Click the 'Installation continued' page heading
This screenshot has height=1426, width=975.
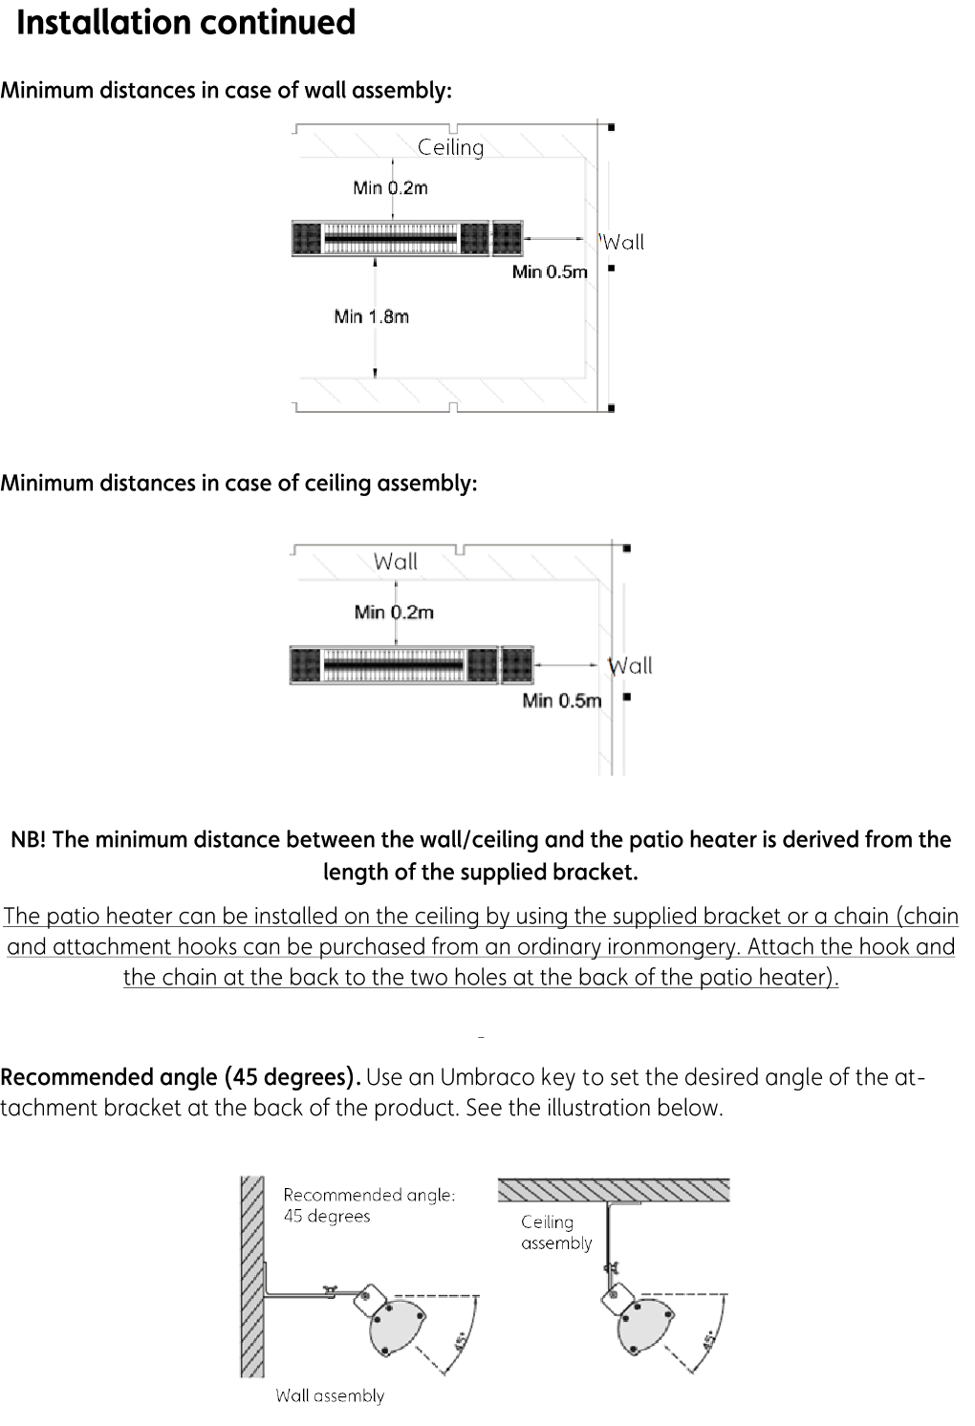(186, 23)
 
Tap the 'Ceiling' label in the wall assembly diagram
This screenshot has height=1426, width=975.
(451, 147)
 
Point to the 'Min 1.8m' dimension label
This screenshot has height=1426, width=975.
(371, 316)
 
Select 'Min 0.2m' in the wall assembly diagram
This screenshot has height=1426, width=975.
(390, 187)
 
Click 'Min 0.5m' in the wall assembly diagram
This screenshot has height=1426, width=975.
(550, 272)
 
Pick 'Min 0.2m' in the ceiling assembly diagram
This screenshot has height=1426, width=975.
(394, 612)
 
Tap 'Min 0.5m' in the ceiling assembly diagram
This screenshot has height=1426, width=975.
(562, 701)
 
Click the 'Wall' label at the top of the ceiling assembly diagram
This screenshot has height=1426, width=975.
(396, 561)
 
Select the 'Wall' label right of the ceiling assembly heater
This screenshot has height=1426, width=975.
(631, 665)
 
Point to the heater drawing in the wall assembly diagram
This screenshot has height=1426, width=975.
(407, 238)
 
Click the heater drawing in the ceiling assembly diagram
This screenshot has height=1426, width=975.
(411, 665)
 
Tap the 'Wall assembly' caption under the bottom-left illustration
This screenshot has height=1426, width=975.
(330, 1395)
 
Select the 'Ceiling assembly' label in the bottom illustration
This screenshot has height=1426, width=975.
(556, 1232)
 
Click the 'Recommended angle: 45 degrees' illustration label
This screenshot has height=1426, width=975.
(369, 1205)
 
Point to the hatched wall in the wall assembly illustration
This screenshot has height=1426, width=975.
(251, 1276)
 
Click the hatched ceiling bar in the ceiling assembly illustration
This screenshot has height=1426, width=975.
(614, 1190)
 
